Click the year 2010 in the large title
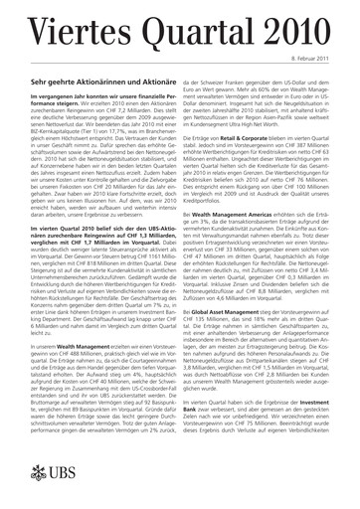302,20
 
